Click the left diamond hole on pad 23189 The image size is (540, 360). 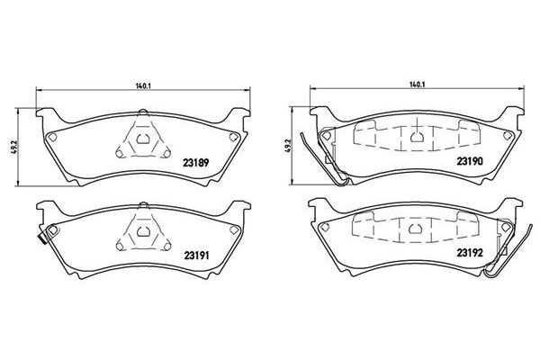click(53, 137)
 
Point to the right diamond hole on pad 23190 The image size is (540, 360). click(506, 136)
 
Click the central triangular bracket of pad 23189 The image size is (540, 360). click(144, 141)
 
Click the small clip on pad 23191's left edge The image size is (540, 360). click(40, 238)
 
